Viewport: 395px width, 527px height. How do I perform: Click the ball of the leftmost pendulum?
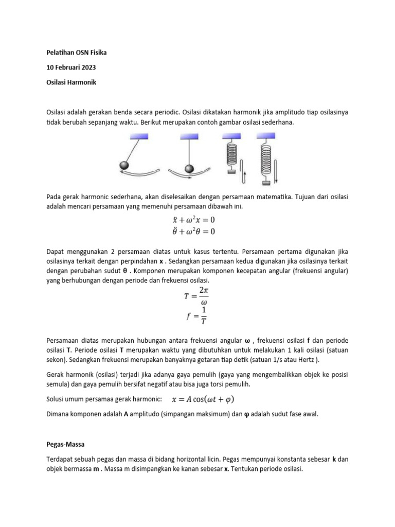click(x=125, y=165)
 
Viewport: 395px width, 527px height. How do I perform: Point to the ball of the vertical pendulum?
click(x=189, y=169)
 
